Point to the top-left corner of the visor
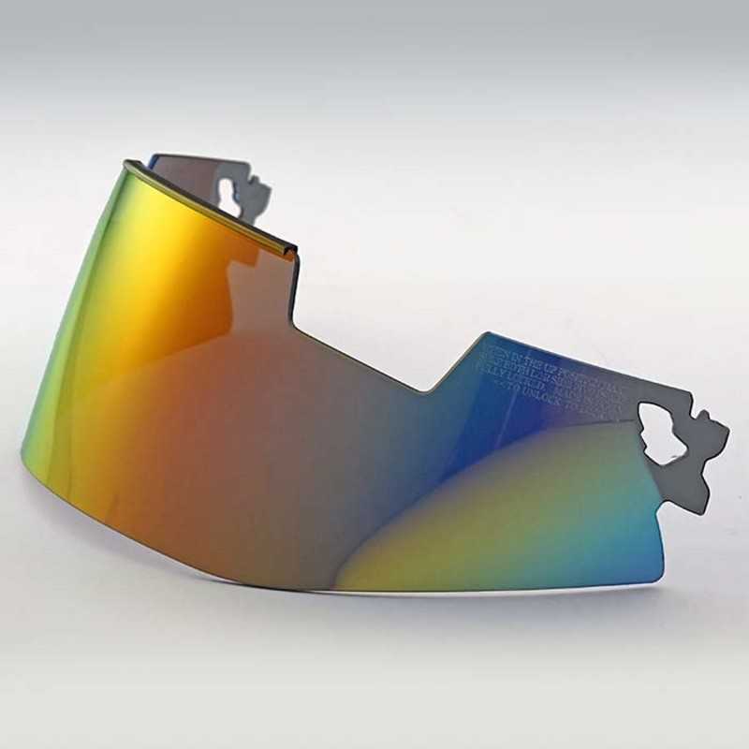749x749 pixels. pos(126,163)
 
